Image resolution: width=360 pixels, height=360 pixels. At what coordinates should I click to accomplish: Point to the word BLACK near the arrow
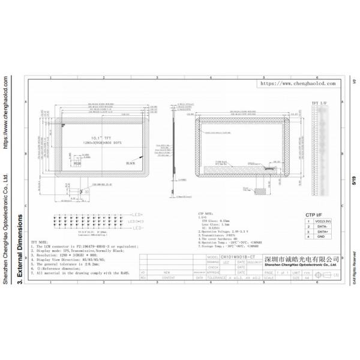[x=130, y=163]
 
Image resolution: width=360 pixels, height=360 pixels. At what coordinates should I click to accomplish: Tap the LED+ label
[x=137, y=214]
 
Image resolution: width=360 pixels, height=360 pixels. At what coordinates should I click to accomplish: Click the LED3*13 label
[x=137, y=221]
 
